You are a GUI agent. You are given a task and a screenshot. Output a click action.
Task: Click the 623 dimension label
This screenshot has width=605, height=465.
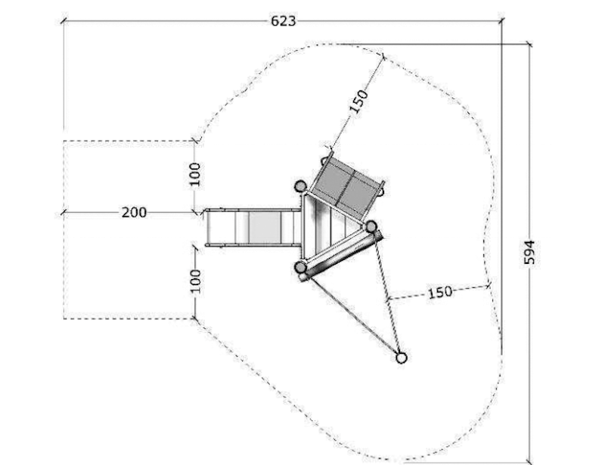click(x=283, y=21)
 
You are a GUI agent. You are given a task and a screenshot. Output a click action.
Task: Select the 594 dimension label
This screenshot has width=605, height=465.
click(x=529, y=253)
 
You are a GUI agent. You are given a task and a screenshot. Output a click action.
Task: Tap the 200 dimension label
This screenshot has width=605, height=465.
click(x=134, y=212)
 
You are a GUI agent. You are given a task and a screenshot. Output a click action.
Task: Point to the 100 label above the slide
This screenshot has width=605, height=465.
click(x=196, y=175)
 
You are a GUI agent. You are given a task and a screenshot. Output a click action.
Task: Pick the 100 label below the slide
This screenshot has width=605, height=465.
click(x=196, y=281)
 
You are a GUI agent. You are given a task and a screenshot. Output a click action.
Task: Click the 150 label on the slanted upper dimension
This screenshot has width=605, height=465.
click(x=358, y=101)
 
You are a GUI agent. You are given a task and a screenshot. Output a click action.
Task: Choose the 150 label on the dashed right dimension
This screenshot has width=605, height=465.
click(x=440, y=292)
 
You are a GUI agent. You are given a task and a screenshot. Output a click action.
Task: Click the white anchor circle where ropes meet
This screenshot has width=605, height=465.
click(x=402, y=358)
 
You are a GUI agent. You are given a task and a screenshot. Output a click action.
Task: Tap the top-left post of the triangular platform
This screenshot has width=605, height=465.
click(x=300, y=187)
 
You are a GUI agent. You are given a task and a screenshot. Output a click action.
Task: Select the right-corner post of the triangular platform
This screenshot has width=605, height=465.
click(x=371, y=227)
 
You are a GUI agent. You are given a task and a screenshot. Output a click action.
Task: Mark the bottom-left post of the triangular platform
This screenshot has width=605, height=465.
click(x=300, y=267)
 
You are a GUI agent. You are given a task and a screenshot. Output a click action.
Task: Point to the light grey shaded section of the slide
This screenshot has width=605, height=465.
click(x=265, y=228)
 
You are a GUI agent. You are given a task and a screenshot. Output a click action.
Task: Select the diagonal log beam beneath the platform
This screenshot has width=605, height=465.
click(x=341, y=256)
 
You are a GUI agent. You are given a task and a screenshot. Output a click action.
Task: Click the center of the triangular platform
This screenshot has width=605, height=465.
click(x=327, y=228)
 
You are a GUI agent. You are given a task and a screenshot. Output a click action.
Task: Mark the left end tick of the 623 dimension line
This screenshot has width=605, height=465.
click(x=64, y=21)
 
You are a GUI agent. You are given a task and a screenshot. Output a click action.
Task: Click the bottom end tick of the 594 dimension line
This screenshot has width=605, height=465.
click(x=529, y=460)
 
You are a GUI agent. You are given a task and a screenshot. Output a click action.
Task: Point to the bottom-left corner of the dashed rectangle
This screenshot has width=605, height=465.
click(x=64, y=319)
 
